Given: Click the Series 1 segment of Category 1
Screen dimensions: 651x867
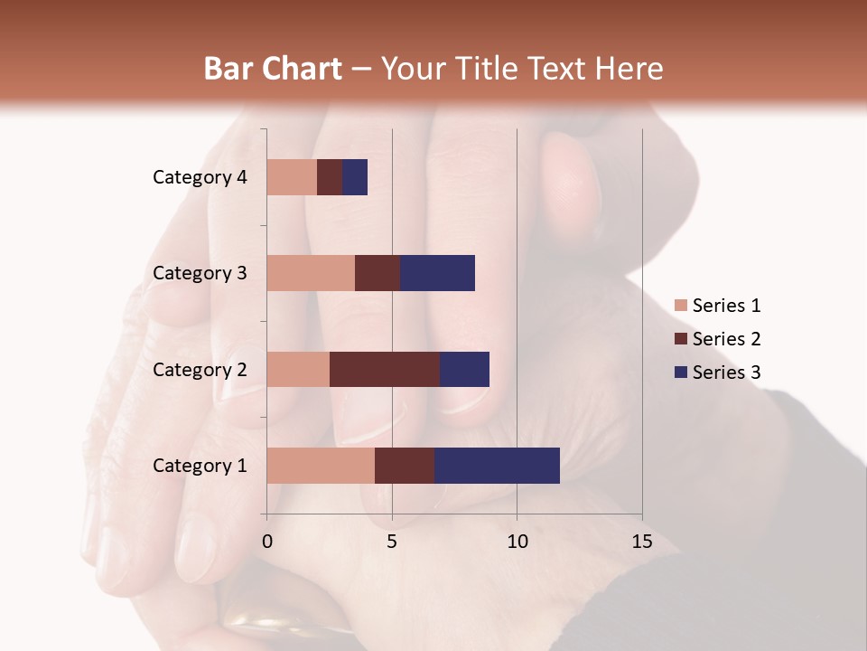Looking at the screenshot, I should (321, 466).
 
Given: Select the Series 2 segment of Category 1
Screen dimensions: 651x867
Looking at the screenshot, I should (405, 466).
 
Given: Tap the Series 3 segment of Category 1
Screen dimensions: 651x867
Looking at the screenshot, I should (497, 466).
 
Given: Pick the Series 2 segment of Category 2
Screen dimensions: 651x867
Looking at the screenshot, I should (385, 369).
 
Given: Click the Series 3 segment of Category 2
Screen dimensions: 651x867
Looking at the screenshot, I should (464, 369).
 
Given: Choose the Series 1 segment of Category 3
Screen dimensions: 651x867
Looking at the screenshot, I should (311, 273).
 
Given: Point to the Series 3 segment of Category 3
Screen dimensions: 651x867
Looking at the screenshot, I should (437, 273).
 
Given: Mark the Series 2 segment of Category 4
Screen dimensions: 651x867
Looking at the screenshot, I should (330, 177).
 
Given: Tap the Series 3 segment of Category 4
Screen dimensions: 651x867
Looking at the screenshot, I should (355, 177).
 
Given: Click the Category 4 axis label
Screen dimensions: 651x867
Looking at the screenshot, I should (199, 177).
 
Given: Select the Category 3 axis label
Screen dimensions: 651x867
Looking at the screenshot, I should (199, 273).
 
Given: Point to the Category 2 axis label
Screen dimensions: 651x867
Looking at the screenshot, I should (199, 370).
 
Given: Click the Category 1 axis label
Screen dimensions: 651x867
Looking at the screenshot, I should (199, 466).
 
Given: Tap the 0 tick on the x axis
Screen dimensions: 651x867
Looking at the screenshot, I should (267, 542).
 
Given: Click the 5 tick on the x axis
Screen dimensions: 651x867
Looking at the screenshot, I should (392, 542).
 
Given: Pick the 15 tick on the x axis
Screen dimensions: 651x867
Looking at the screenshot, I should (641, 542).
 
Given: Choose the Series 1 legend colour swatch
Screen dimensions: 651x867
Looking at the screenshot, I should (681, 306).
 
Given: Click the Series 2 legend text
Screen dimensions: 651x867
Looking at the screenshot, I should (726, 339).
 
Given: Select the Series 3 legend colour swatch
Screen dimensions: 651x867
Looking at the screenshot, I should (681, 373).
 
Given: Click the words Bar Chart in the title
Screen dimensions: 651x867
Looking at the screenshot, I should (273, 69).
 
